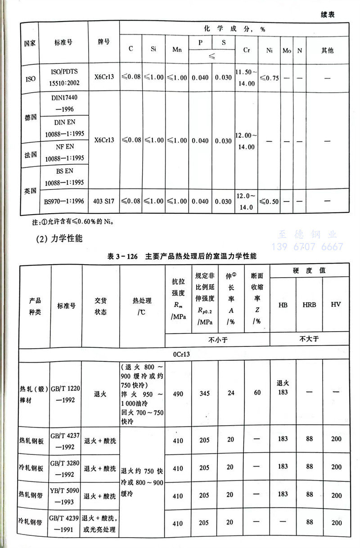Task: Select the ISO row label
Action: point(30,78)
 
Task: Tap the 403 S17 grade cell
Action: point(104,201)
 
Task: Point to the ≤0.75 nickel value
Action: point(269,78)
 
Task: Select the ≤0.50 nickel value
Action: point(269,201)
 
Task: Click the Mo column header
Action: point(287,50)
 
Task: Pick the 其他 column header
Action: point(327,50)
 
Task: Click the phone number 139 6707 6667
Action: point(307,247)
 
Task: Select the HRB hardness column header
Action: point(309,305)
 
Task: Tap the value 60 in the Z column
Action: point(257,393)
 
